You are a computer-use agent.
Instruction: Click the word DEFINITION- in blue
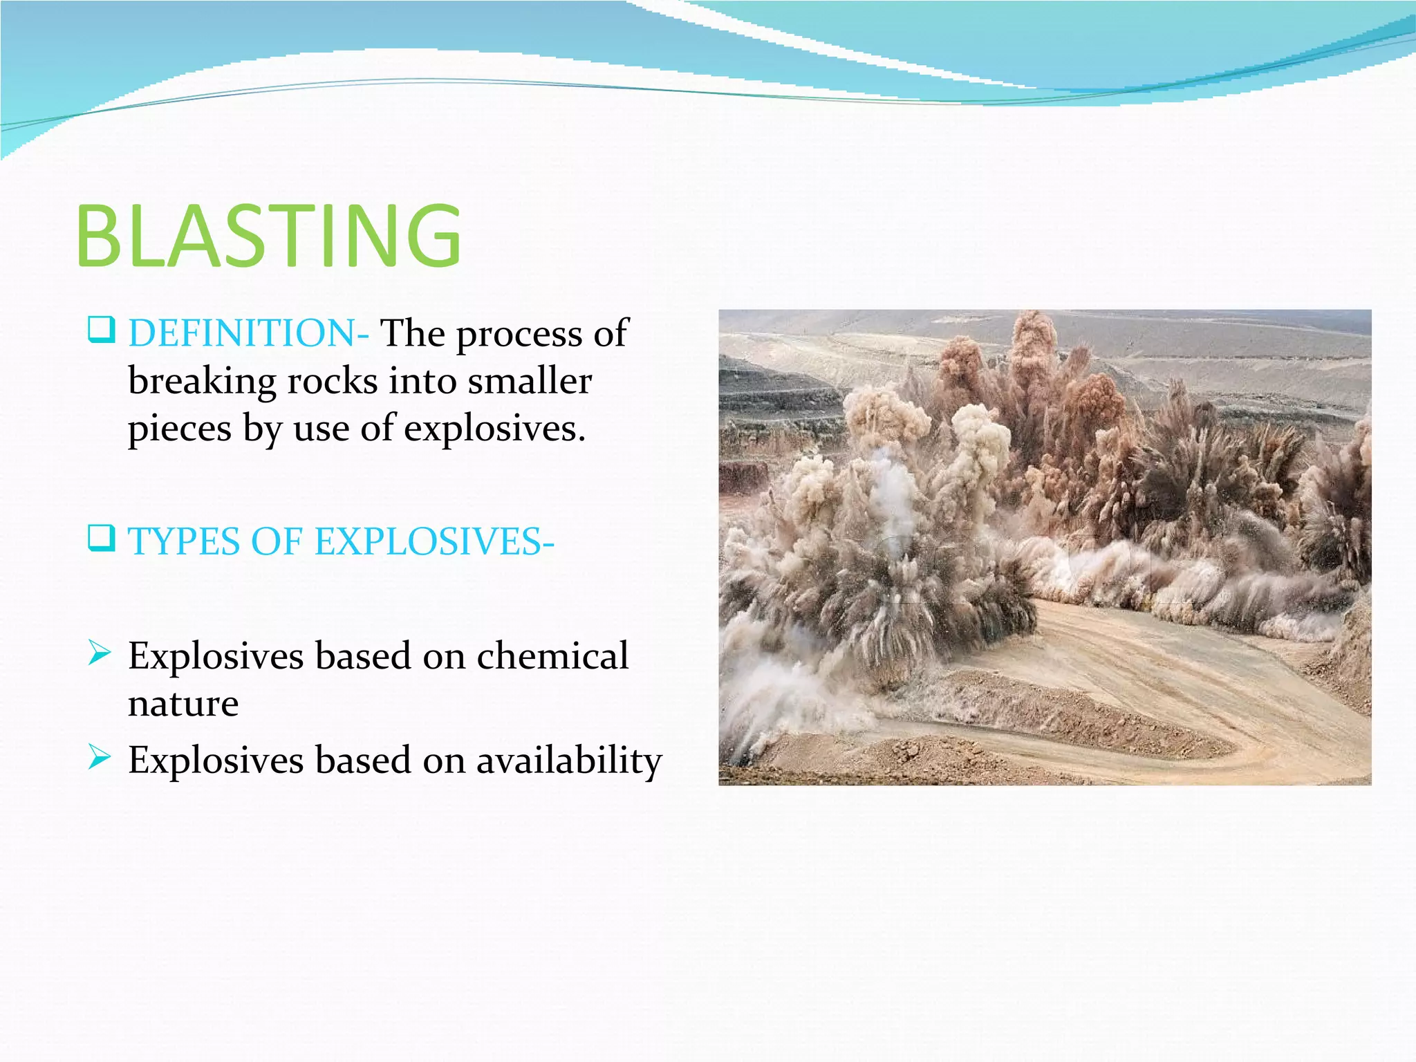pos(248,334)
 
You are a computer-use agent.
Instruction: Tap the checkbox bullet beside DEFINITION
pos(101,330)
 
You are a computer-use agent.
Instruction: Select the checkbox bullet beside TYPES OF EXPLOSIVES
pos(101,538)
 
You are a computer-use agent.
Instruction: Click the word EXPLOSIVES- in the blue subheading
pos(434,541)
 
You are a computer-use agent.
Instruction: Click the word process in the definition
pos(519,335)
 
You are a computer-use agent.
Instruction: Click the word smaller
pos(529,382)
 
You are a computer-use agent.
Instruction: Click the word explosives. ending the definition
pos(494,429)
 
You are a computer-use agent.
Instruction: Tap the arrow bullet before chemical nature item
pos(100,653)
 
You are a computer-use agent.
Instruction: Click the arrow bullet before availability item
pos(100,757)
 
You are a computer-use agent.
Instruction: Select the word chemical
pos(552,655)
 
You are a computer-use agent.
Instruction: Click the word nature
pos(183,704)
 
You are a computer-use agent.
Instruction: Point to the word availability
pos(568,761)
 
